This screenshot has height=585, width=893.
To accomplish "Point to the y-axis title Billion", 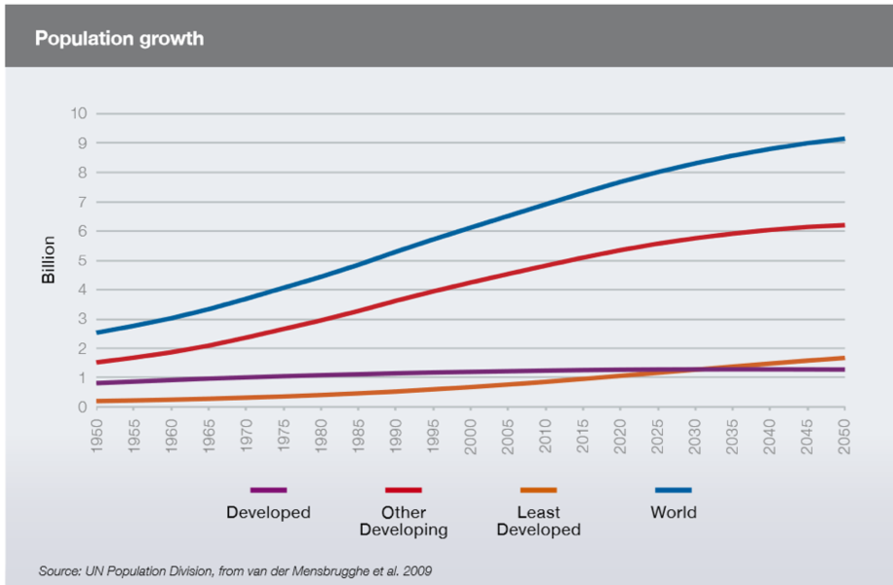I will [49, 259].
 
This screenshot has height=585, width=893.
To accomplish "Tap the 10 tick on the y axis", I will [78, 113].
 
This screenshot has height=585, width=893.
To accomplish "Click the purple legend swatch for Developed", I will [268, 489].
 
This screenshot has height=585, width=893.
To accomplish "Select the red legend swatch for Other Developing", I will [403, 489].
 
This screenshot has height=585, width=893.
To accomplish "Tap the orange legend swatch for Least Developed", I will [538, 489].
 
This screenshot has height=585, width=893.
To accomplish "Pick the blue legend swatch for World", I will [673, 489].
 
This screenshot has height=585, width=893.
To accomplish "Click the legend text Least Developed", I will [538, 522].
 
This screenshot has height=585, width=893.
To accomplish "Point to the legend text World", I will [673, 512].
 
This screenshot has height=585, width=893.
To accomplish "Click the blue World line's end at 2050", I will [843, 139].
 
